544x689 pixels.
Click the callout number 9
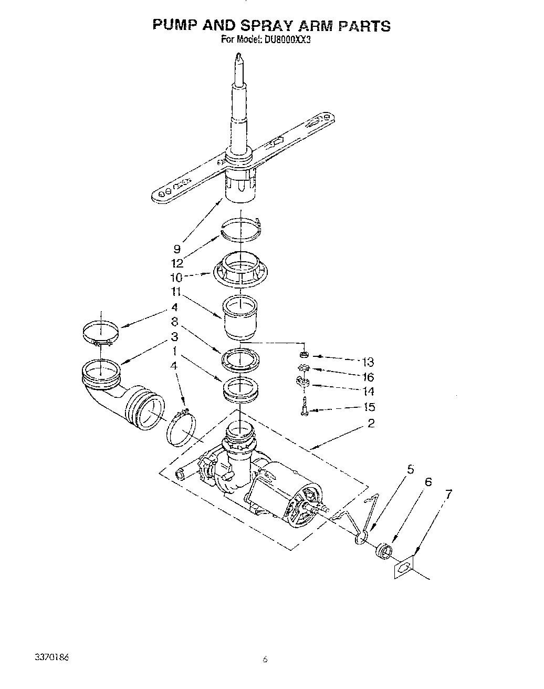(177, 249)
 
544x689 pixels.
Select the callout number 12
(178, 263)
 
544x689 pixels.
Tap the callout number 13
(368, 362)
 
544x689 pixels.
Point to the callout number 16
(368, 377)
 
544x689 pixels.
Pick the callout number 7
(448, 493)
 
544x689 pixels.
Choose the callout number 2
(371, 423)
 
